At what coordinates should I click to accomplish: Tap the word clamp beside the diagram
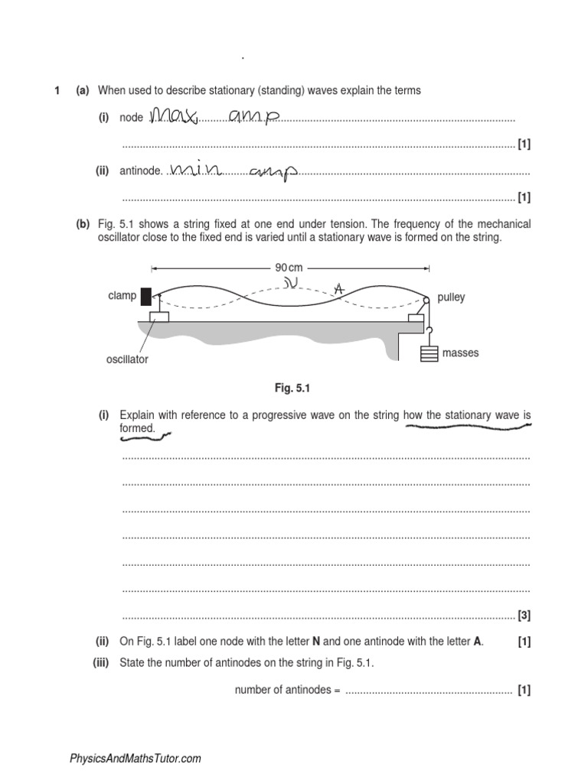point(122,296)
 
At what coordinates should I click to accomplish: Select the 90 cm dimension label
point(289,268)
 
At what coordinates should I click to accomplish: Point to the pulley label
point(451,297)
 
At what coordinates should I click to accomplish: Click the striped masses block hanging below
point(430,355)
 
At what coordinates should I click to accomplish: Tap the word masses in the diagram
point(460,353)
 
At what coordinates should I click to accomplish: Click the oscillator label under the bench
point(127,359)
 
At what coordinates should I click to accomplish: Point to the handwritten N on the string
point(290,284)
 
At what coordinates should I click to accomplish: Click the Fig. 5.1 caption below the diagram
point(289,388)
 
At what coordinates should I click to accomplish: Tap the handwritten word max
point(174,115)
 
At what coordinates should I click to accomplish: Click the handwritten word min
point(197,168)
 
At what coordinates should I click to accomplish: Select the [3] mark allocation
point(524,615)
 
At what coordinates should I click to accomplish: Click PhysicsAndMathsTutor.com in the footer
point(136,759)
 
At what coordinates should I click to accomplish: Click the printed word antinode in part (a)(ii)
point(140,171)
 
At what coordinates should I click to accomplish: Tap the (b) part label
point(83,224)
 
